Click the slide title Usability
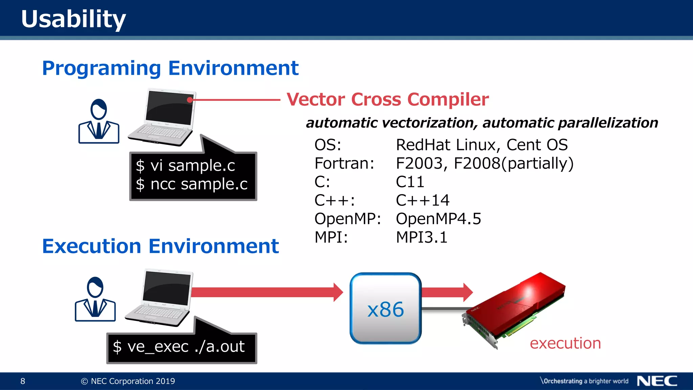[73, 19]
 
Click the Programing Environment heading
[170, 68]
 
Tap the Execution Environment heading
[160, 246]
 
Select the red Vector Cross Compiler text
[387, 100]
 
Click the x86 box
[385, 308]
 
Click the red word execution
[565, 343]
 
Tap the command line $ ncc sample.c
[192, 185]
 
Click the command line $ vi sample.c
[185, 166]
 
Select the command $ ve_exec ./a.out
[179, 347]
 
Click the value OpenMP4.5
[438, 219]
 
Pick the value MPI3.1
[422, 237]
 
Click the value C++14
[423, 200]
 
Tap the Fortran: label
[344, 164]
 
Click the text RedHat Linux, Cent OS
[482, 145]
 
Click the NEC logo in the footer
[657, 381]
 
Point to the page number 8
[23, 381]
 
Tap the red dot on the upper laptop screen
[190, 100]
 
